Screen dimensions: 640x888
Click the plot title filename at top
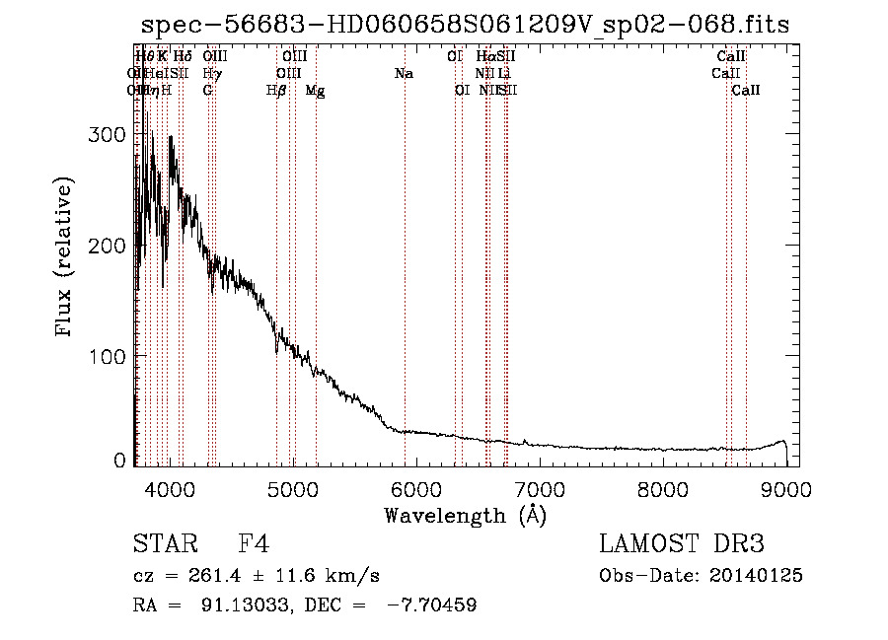click(465, 25)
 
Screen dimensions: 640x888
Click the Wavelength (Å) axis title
click(465, 515)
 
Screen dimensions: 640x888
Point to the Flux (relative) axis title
click(66, 258)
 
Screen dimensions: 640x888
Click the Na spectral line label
click(403, 73)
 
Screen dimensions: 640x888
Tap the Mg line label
click(315, 90)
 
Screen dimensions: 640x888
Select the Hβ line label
click(276, 90)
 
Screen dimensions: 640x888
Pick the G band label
click(207, 90)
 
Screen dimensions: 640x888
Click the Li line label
click(503, 73)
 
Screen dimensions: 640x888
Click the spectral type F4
click(253, 545)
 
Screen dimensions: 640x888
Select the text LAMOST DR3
click(681, 545)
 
